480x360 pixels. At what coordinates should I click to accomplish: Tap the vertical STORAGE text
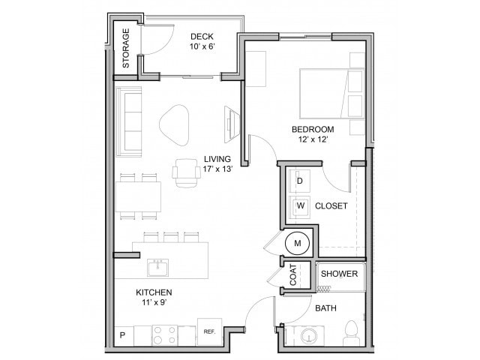pos(126,48)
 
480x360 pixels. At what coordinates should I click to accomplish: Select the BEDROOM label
pos(313,130)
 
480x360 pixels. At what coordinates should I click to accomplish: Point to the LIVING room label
pos(217,159)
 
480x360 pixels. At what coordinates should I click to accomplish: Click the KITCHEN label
pos(154,292)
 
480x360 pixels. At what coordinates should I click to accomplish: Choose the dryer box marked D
pos(300,181)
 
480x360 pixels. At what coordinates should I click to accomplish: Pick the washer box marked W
pos(300,205)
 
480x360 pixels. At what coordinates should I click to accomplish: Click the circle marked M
pos(297,243)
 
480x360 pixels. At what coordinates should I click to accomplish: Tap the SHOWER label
pos(340,274)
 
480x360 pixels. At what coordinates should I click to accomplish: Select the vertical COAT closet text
pos(292,275)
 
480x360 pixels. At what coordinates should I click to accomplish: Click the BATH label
pos(325,308)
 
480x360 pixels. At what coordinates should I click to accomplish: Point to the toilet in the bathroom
pos(350,332)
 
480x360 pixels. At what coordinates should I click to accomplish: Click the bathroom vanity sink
pos(308,336)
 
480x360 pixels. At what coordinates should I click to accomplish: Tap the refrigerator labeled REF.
pos(208,331)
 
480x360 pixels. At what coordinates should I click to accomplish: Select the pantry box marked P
pos(122,334)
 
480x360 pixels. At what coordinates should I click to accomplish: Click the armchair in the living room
pos(184,172)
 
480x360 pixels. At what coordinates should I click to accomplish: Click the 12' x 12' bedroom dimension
pos(313,140)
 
